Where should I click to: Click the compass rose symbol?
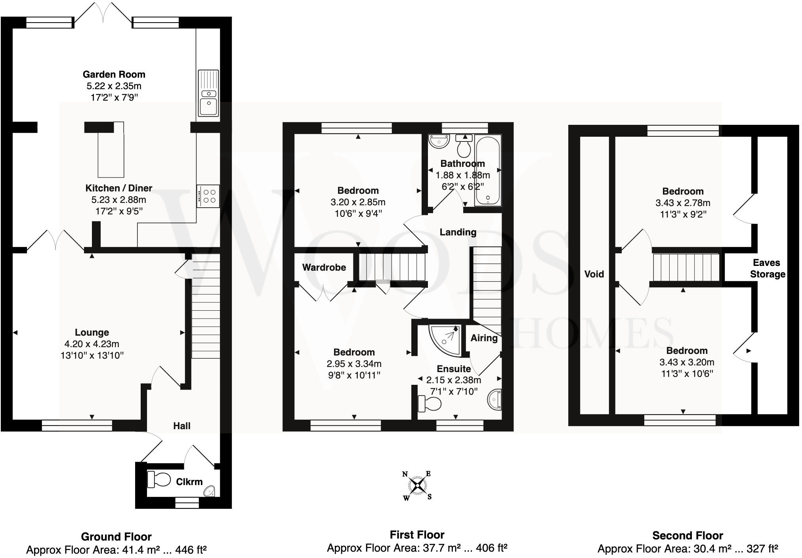click(x=417, y=485)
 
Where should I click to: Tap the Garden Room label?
click(x=114, y=75)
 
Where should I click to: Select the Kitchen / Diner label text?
click(x=119, y=188)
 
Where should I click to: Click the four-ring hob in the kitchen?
click(x=208, y=196)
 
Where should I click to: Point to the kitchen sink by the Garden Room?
click(x=208, y=93)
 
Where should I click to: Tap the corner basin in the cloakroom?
click(x=209, y=492)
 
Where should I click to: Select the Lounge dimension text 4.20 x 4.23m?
click(x=92, y=344)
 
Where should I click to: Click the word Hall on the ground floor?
click(x=182, y=426)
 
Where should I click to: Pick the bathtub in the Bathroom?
click(x=488, y=170)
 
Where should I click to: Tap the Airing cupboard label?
click(x=484, y=338)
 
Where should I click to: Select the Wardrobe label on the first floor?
click(x=324, y=268)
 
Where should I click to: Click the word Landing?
click(x=458, y=232)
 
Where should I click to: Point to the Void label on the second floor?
click(x=594, y=274)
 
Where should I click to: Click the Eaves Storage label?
click(x=767, y=269)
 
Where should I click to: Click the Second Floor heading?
click(x=687, y=536)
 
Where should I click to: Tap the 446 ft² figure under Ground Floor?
click(x=191, y=550)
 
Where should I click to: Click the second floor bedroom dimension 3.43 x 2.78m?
click(x=683, y=203)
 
